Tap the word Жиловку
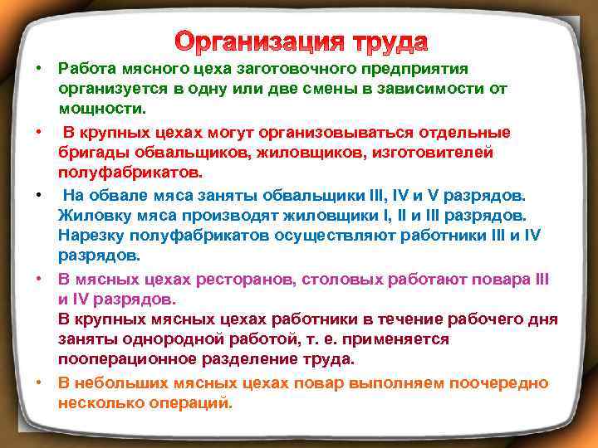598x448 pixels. click(x=91, y=216)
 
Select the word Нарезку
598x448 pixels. click(x=89, y=236)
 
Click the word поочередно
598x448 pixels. click(x=498, y=383)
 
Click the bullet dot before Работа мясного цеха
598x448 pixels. click(x=39, y=68)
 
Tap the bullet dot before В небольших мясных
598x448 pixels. click(x=39, y=383)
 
